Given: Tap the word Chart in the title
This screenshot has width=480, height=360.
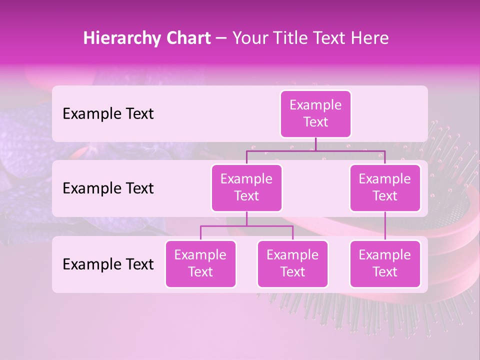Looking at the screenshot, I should click(x=186, y=38).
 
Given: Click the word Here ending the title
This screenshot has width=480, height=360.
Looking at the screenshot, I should click(x=369, y=38).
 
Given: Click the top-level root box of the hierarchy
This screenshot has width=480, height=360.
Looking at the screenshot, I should click(x=315, y=113).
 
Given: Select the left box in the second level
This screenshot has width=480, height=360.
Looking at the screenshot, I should click(x=246, y=187).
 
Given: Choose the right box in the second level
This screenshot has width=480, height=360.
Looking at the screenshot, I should click(x=385, y=187).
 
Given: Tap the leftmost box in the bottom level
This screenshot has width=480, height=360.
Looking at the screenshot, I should click(x=200, y=263).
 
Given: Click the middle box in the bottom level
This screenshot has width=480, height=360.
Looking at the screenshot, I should click(x=292, y=263).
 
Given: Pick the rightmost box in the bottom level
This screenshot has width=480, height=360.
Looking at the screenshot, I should click(x=385, y=263).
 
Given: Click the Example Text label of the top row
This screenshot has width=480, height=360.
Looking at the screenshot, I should click(x=108, y=114).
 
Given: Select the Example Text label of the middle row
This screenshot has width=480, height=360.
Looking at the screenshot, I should click(x=108, y=188).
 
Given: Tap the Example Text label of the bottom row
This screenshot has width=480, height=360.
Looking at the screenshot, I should click(x=108, y=264).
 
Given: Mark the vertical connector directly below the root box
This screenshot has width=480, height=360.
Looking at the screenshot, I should click(x=315, y=144).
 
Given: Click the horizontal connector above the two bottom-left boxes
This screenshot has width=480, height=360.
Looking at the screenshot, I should click(x=246, y=226).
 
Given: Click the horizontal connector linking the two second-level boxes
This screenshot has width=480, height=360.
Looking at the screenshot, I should click(x=315, y=150).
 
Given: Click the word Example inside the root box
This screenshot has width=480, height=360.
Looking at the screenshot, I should click(x=315, y=105).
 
